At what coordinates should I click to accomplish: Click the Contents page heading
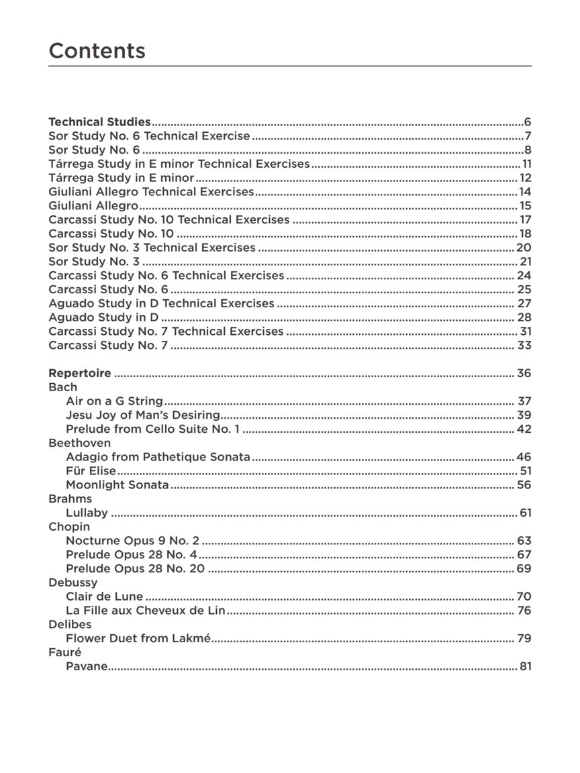(x=97, y=51)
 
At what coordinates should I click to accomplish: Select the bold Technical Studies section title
(x=99, y=122)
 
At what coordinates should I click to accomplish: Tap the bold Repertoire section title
(x=80, y=373)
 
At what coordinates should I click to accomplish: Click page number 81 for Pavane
(x=524, y=666)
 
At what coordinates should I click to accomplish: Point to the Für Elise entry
(x=91, y=471)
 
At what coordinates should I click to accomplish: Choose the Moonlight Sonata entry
(x=117, y=485)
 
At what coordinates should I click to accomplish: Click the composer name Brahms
(x=70, y=499)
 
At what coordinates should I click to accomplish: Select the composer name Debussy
(x=72, y=582)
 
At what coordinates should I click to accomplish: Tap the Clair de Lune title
(x=104, y=597)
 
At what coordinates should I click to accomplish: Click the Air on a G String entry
(x=114, y=401)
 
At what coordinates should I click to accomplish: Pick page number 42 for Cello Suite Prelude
(x=524, y=429)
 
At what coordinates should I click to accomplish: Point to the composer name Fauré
(x=64, y=652)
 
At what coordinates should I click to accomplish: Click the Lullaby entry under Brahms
(x=87, y=513)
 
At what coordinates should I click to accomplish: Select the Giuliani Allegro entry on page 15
(x=93, y=206)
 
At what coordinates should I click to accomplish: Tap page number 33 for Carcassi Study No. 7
(x=524, y=346)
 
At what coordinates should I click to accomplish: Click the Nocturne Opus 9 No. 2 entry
(x=132, y=541)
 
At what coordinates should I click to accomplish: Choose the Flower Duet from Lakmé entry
(x=138, y=638)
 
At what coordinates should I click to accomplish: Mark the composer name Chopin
(x=68, y=527)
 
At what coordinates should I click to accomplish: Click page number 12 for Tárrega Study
(x=525, y=178)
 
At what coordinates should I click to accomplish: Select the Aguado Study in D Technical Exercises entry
(x=161, y=303)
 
